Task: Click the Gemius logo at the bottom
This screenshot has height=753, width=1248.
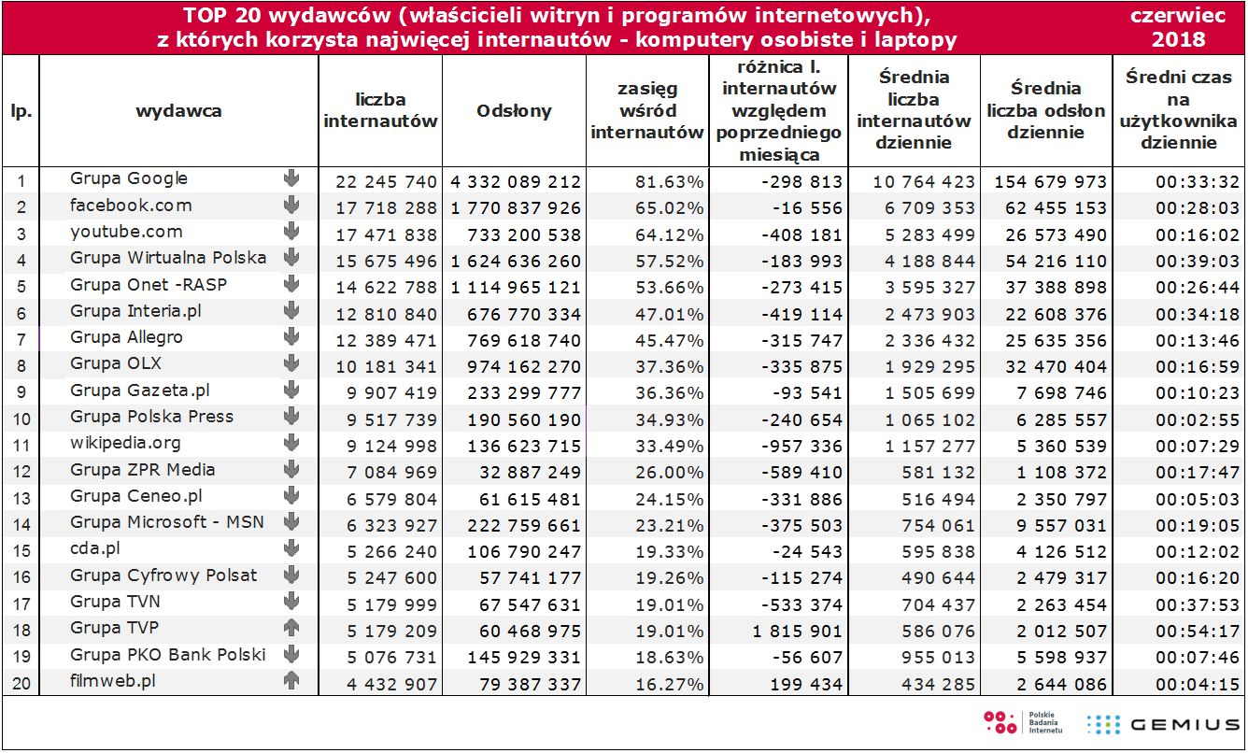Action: coord(1163,724)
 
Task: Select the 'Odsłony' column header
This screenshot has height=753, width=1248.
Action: coord(514,111)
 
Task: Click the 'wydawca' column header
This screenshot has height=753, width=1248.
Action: coord(178,111)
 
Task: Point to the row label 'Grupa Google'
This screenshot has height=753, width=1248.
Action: coord(129,178)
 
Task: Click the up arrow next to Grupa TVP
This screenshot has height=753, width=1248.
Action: coord(291,628)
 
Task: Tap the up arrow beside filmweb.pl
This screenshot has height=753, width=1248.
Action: coord(291,681)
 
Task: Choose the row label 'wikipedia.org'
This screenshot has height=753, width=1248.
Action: coord(125,443)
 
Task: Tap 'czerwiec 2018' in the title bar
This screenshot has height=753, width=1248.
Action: coord(1178,28)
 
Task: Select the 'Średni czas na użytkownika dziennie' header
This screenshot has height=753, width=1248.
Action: coord(1178,111)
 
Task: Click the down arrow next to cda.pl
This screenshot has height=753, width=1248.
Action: coord(291,548)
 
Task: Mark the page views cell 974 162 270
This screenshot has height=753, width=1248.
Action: coord(515,366)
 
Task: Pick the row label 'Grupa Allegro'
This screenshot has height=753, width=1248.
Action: coord(126,337)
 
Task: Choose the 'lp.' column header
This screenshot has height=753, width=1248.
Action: coord(21,111)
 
